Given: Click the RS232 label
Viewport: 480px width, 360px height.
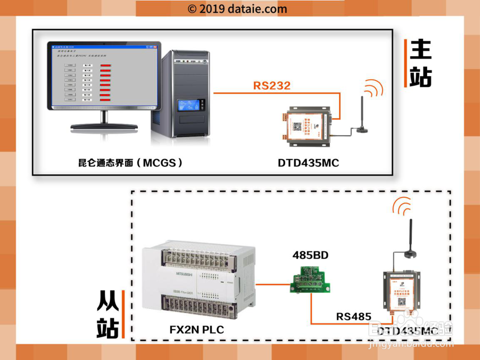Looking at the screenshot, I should [272, 86].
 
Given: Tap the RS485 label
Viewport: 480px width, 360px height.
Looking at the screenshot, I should [354, 316].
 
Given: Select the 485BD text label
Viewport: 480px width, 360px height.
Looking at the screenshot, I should [311, 255].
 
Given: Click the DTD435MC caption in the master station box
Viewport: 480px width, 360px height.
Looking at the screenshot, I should [308, 163].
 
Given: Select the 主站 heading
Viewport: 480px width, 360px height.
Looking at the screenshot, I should [420, 63].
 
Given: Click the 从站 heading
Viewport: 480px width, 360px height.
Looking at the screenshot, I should [108, 314].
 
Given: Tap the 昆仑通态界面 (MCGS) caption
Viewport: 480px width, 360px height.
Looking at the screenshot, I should [131, 163].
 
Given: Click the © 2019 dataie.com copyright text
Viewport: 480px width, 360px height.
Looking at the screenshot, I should [237, 9].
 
